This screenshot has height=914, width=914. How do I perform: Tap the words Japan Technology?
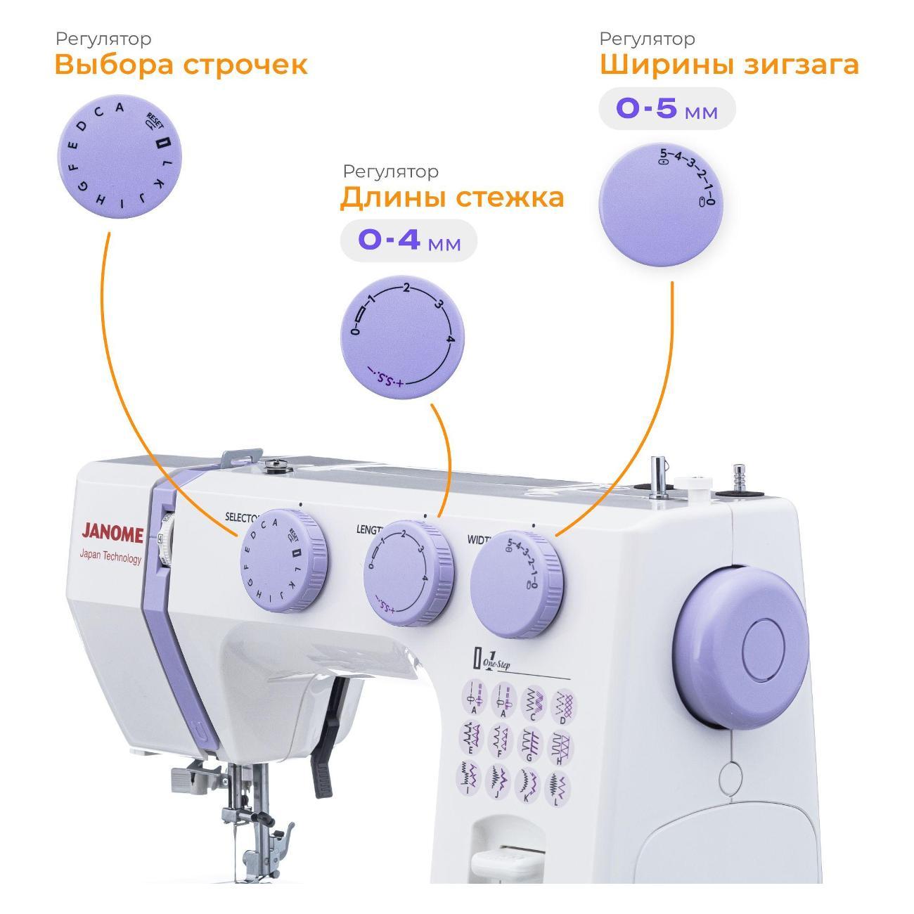click(110, 558)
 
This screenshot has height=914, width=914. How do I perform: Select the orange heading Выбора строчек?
click(181, 65)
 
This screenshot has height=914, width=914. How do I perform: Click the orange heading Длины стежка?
click(451, 198)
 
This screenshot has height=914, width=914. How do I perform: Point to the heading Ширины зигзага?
click(728, 65)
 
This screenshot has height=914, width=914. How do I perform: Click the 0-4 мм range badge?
click(408, 241)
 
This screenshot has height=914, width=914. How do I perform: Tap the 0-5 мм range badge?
click(666, 109)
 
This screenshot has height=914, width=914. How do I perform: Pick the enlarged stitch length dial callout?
click(403, 336)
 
